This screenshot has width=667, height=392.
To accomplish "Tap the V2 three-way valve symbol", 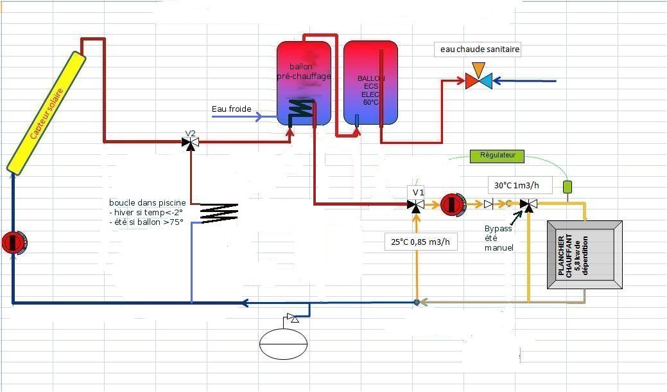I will tap(191, 143).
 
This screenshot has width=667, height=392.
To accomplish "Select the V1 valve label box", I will tap(418, 192).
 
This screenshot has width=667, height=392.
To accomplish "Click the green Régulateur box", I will tap(498, 155).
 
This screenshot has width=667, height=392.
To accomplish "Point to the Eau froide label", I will tap(232, 109).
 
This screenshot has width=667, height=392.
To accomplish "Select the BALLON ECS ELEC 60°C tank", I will tap(370, 83).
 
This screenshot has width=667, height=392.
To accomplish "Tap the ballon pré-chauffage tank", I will tap(304, 83).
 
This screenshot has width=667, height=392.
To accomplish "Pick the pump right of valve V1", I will tap(451, 204).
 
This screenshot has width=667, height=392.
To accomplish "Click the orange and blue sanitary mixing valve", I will tap(479, 80).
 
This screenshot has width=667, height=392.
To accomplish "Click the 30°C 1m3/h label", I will tap(519, 186).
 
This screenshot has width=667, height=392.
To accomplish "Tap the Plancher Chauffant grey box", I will tap(584, 255).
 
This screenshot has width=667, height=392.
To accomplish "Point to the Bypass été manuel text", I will tap(499, 238).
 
